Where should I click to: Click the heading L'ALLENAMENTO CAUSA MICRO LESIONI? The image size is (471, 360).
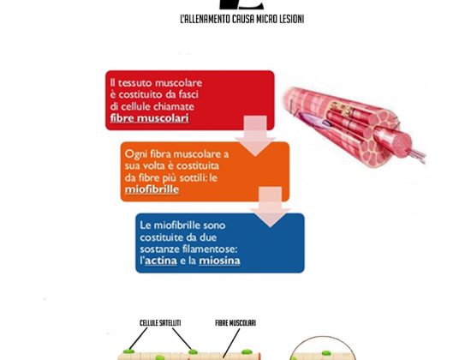pyautogui.click(x=242, y=19)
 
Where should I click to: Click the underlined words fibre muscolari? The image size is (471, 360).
pyautogui.click(x=149, y=118)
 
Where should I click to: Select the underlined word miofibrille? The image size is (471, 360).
pyautogui.click(x=152, y=189)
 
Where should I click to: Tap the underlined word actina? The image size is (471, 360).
pyautogui.click(x=161, y=261)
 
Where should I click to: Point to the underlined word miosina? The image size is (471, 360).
pyautogui.click(x=219, y=261)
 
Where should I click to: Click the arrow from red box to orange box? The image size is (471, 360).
pyautogui.click(x=255, y=135)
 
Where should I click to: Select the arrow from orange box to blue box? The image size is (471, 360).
pyautogui.click(x=270, y=207)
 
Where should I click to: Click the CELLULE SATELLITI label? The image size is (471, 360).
pyautogui.click(x=160, y=323)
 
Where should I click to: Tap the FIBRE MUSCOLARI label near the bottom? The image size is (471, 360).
pyautogui.click(x=235, y=323)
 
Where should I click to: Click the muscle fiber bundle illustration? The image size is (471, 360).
pyautogui.click(x=354, y=125)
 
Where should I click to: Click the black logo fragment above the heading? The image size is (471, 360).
pyautogui.click(x=241, y=4)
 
